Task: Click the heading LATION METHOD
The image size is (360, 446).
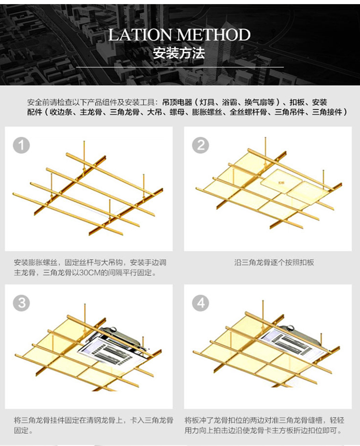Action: (x=179, y=35)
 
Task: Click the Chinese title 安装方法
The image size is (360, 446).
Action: (x=179, y=53)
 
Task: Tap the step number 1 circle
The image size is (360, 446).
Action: (x=21, y=145)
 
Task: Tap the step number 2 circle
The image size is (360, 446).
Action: (x=201, y=145)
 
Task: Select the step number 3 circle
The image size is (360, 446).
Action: (x=21, y=303)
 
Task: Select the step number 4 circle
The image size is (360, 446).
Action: (x=201, y=303)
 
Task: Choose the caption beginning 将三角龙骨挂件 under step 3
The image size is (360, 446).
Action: (x=93, y=425)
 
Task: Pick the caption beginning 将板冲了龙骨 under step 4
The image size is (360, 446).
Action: (x=264, y=425)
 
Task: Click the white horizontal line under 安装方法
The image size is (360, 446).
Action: (x=179, y=67)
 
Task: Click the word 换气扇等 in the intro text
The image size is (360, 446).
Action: (x=259, y=102)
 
